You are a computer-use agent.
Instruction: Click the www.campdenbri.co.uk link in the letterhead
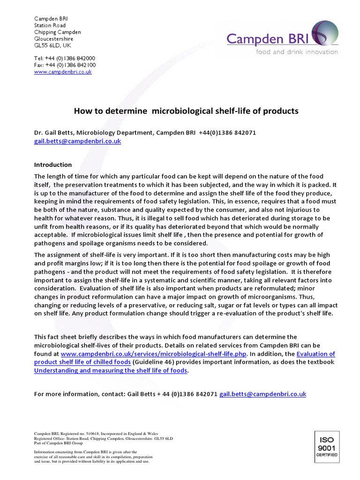[63, 72]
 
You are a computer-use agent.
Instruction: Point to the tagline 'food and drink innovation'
[296, 52]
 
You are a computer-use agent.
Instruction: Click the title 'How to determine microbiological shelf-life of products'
[186, 111]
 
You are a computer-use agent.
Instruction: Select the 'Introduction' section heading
[53, 165]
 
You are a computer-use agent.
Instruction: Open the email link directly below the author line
[77, 141]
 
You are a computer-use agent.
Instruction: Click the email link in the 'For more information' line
[262, 394]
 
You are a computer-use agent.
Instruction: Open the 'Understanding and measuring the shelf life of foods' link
[111, 370]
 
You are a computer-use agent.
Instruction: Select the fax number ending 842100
[65, 65]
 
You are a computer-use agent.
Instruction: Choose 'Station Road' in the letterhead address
[50, 25]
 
